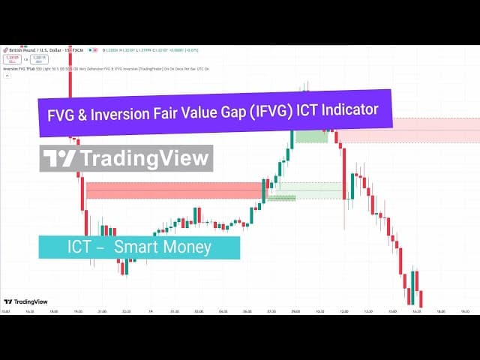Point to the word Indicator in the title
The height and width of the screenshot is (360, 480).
(x=357, y=109)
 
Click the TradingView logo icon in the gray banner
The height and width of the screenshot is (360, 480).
(x=58, y=158)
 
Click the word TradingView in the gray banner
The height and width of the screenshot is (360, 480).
(x=143, y=158)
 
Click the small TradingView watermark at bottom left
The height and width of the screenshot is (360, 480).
(x=22, y=301)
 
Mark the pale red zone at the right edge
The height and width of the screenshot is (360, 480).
(x=409, y=130)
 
